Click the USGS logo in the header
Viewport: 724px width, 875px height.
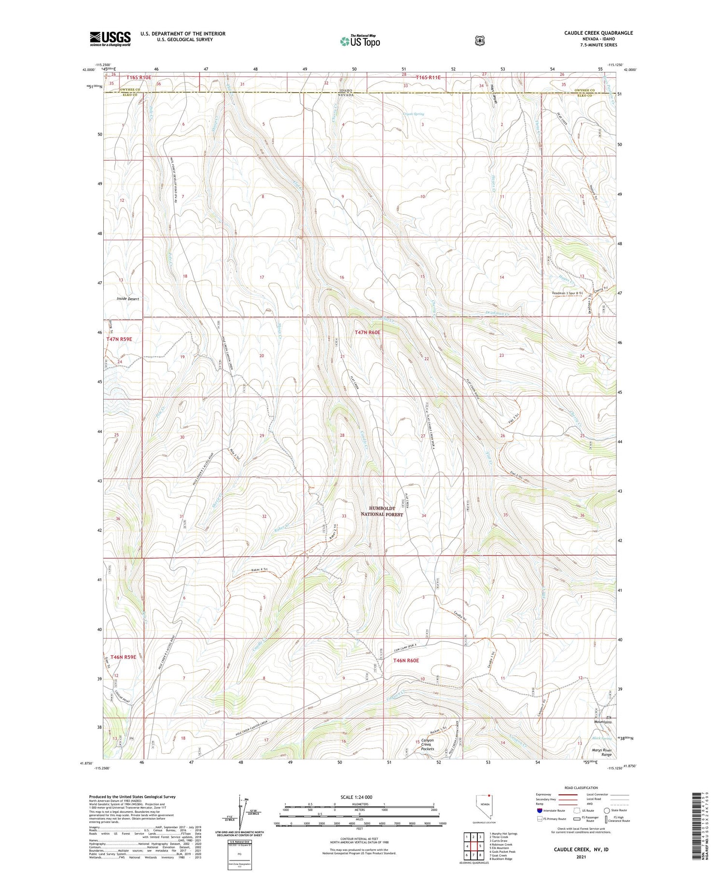click(110, 39)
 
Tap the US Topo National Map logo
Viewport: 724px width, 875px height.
click(360, 41)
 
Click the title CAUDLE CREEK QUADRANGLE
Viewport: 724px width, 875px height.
click(598, 33)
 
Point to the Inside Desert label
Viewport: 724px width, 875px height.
click(127, 299)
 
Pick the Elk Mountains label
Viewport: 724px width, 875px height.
click(602, 733)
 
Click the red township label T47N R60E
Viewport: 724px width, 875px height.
click(367, 333)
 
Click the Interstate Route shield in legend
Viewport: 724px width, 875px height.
click(539, 810)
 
